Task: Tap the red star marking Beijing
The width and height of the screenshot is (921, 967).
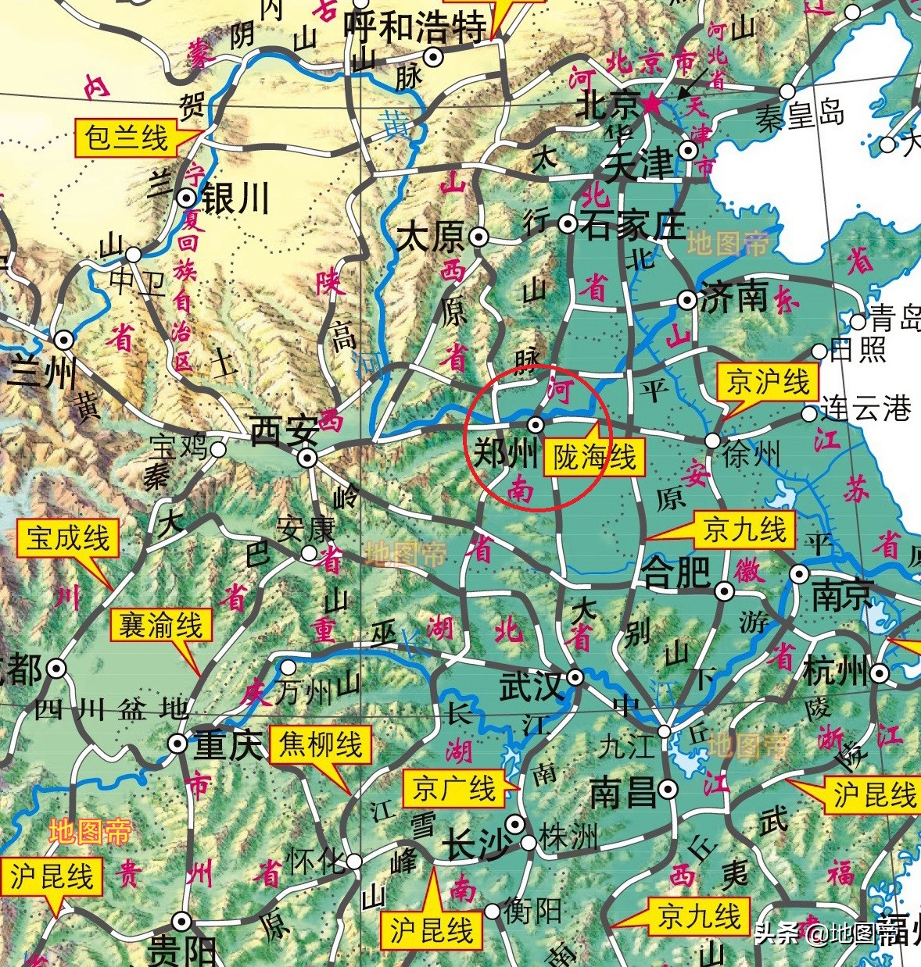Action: pyautogui.click(x=651, y=103)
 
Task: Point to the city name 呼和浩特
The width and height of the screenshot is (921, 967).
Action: pyautogui.click(x=415, y=29)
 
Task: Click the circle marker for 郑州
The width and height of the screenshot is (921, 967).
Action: pyautogui.click(x=536, y=425)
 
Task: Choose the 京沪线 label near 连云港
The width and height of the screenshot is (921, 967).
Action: pyautogui.click(x=768, y=383)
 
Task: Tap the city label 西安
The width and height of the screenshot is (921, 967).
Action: pyautogui.click(x=284, y=430)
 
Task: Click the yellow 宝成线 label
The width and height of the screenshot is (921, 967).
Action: pyautogui.click(x=68, y=538)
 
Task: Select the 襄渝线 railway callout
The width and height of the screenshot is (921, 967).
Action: pyautogui.click(x=160, y=626)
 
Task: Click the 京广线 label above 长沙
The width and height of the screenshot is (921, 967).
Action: pyautogui.click(x=454, y=789)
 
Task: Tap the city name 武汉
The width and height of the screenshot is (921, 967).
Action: pyautogui.click(x=532, y=686)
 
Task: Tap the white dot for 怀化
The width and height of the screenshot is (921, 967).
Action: pyautogui.click(x=354, y=862)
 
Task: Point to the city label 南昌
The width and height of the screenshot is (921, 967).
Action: pyautogui.click(x=623, y=793)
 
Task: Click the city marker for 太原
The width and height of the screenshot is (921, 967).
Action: pyautogui.click(x=478, y=236)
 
